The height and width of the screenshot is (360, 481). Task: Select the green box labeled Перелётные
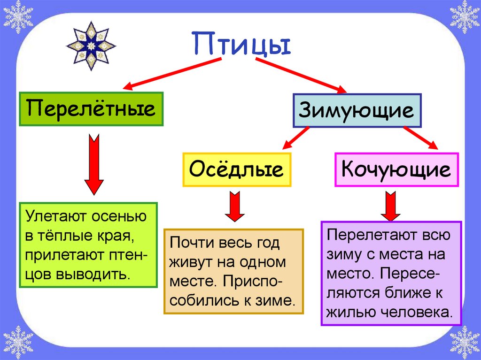91,109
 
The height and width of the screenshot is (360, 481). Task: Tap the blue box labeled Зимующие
357,111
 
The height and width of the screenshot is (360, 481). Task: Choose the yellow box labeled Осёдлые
237,169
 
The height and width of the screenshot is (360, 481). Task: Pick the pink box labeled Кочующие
396,169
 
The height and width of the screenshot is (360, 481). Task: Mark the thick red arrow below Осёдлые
234,206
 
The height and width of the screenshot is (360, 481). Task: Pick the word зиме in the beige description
279,300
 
